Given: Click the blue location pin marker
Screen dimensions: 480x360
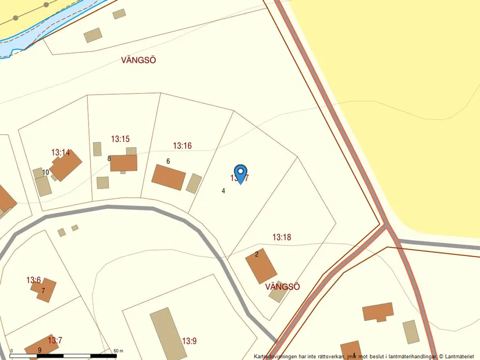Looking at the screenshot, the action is pos(239,173).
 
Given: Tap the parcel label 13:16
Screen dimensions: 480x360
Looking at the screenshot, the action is pos(182,145).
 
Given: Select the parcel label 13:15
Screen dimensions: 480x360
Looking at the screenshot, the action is pos(120,139).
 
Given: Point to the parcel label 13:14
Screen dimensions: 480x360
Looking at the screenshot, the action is pos(61,152).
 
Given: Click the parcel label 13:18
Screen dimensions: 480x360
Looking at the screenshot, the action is pos(282,237).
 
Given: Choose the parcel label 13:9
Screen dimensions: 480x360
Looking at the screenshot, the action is pos(190,341).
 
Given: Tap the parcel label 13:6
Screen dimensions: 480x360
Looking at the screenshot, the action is pos(34,280).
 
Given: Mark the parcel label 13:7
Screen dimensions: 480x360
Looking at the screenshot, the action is pos(55,340).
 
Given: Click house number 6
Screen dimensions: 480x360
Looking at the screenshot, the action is pos(168,161).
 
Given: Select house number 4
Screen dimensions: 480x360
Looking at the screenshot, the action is pos(223,191).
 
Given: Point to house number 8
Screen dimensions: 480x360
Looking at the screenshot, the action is pos(109,158).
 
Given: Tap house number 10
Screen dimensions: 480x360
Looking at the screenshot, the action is pos(45,172).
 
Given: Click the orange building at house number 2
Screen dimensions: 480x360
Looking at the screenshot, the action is pos(261,266).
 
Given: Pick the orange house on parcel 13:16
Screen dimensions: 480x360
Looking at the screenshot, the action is pos(169,177).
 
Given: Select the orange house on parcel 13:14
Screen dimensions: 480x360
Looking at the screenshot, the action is pos(66,166).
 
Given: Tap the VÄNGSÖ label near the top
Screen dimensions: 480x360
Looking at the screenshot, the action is pos(138,60).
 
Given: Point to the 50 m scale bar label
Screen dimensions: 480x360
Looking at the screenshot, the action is pos(118,351).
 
